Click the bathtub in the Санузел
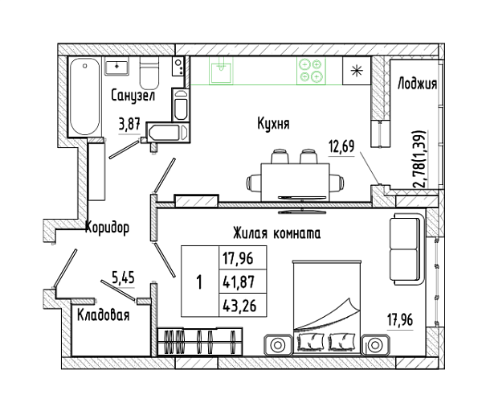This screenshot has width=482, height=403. pyautogui.click(x=85, y=97)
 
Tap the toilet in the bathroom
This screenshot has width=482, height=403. pyautogui.click(x=149, y=72)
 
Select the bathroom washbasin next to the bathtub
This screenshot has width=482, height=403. pyautogui.click(x=116, y=66)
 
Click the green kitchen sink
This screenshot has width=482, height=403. pyautogui.click(x=221, y=70)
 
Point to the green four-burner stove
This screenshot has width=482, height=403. pyautogui.click(x=311, y=71)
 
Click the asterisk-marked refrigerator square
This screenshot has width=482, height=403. pyautogui.click(x=357, y=71)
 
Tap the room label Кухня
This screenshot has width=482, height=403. pyautogui.click(x=273, y=124)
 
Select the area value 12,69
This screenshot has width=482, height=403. pyautogui.click(x=341, y=146)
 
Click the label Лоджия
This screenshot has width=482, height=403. pyautogui.click(x=417, y=84)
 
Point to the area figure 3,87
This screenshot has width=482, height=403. pyautogui.click(x=129, y=125)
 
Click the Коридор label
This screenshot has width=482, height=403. pyautogui.click(x=107, y=228)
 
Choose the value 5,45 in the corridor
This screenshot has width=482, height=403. pyautogui.click(x=123, y=278)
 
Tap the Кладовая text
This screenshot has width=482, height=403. pyautogui.click(x=104, y=315)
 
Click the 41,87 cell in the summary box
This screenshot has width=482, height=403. pyautogui.click(x=239, y=282)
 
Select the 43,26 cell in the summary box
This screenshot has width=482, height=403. pyautogui.click(x=239, y=306)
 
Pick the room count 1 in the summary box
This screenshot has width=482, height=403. pyautogui.click(x=199, y=282)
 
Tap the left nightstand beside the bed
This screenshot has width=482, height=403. pyautogui.click(x=277, y=344)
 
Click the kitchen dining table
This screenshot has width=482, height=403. pyautogui.click(x=295, y=183)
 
